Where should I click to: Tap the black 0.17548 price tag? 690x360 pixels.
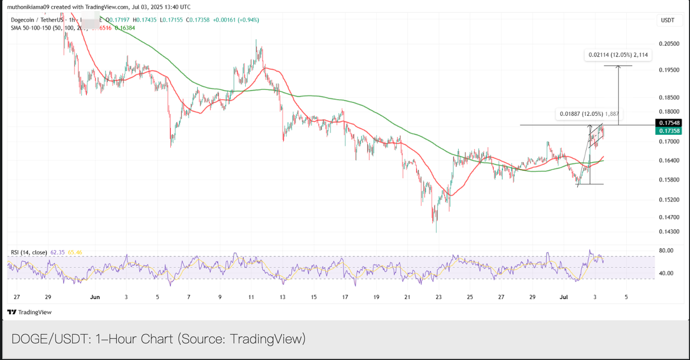(x=668, y=123)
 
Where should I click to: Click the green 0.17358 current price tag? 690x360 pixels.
(x=668, y=130)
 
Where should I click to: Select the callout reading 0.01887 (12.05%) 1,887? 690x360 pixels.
(x=589, y=114)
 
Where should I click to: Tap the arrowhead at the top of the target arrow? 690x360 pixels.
(x=618, y=67)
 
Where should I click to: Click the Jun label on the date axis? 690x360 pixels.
(x=95, y=297)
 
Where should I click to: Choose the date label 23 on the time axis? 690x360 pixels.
(x=439, y=297)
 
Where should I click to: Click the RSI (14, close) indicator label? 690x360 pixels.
(x=29, y=252)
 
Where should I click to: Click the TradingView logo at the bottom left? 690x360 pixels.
(x=30, y=312)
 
